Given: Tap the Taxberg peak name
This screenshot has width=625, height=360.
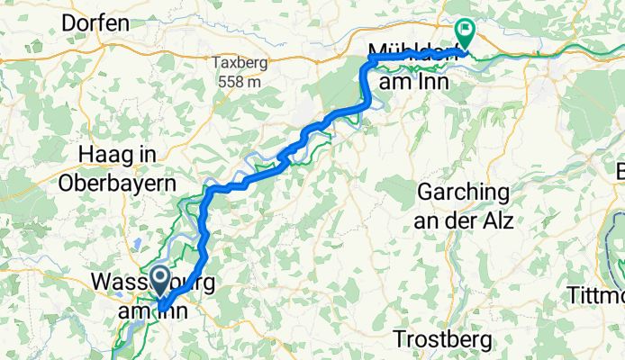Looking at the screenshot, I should click(235, 64).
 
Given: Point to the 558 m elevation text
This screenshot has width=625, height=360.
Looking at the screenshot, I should click(236, 81).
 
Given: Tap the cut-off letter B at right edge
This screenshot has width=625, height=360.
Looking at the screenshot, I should click(620, 171).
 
